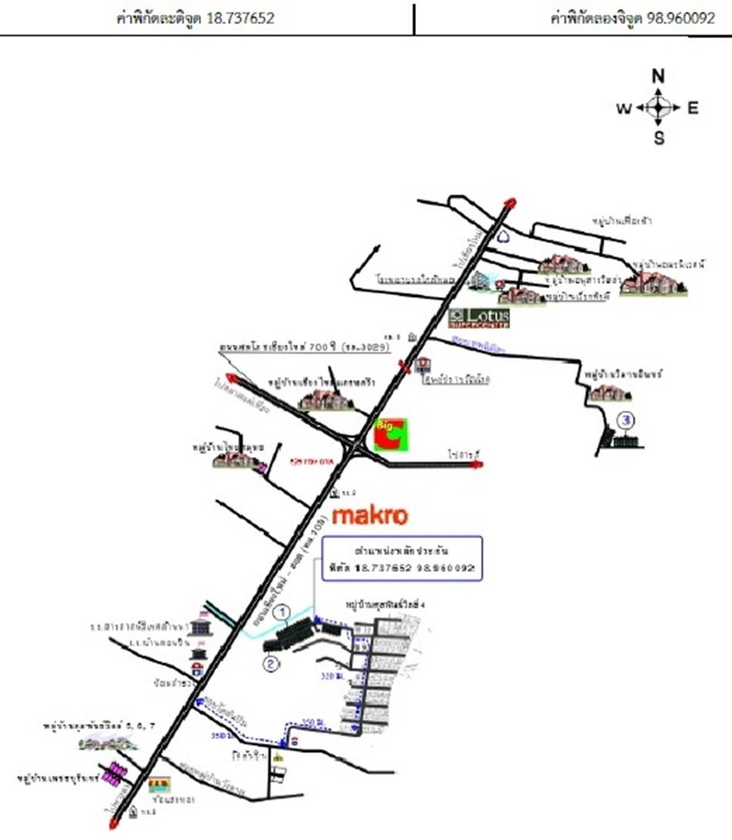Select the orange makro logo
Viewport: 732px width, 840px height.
click(369, 515)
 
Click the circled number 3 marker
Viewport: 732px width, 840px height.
click(627, 421)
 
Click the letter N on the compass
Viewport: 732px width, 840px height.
click(658, 76)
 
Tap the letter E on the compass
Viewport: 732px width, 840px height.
click(693, 108)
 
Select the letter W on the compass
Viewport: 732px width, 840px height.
click(623, 109)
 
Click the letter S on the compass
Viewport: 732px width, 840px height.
click(659, 139)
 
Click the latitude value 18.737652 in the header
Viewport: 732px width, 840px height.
click(240, 18)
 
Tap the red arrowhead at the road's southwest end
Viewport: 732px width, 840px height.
click(114, 825)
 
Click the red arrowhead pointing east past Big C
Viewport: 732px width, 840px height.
click(477, 465)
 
